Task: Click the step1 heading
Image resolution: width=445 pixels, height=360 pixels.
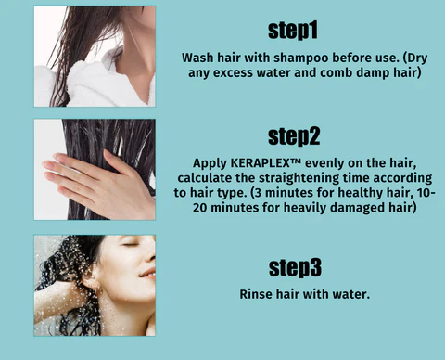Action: [294, 30]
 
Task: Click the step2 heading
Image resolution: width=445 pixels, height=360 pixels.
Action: [294, 135]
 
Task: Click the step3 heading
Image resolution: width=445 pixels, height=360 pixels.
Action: [294, 268]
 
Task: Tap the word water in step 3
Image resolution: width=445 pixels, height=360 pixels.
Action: [350, 294]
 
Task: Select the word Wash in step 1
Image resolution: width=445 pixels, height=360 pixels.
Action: [199, 57]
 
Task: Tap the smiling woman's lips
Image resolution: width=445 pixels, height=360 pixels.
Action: [145, 275]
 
